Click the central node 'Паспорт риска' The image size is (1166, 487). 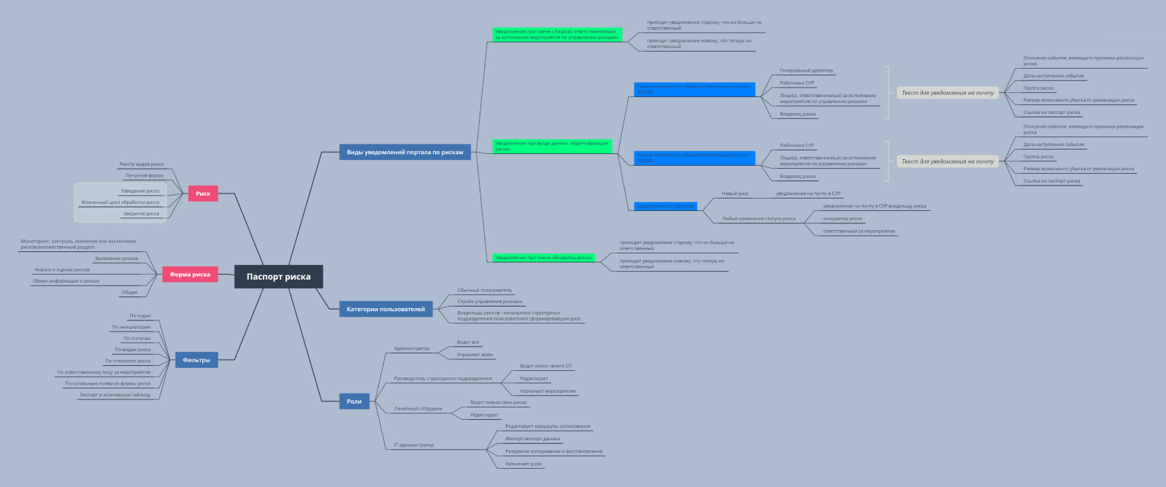point(278,277)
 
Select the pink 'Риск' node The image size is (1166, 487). point(203,193)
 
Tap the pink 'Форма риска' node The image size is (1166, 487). point(190,275)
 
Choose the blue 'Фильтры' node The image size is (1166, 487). point(196,360)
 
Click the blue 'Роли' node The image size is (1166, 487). point(354,401)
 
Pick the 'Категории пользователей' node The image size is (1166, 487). point(386,309)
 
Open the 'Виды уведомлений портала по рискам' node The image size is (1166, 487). point(404,152)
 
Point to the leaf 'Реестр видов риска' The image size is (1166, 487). point(142,164)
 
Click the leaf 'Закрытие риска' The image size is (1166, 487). point(141,214)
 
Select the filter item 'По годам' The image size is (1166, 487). point(140,316)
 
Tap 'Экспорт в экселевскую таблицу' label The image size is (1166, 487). point(115,395)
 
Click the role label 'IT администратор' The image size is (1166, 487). point(414,445)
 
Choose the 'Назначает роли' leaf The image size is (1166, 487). point(523,464)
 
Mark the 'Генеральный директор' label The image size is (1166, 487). point(806,71)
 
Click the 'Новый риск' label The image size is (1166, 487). point(735,193)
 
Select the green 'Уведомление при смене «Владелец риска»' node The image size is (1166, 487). point(543,258)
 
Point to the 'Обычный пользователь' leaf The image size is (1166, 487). point(485,290)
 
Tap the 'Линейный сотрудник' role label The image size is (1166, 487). point(418,409)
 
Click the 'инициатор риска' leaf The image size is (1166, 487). point(843,218)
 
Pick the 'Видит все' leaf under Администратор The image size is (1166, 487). point(468,342)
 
